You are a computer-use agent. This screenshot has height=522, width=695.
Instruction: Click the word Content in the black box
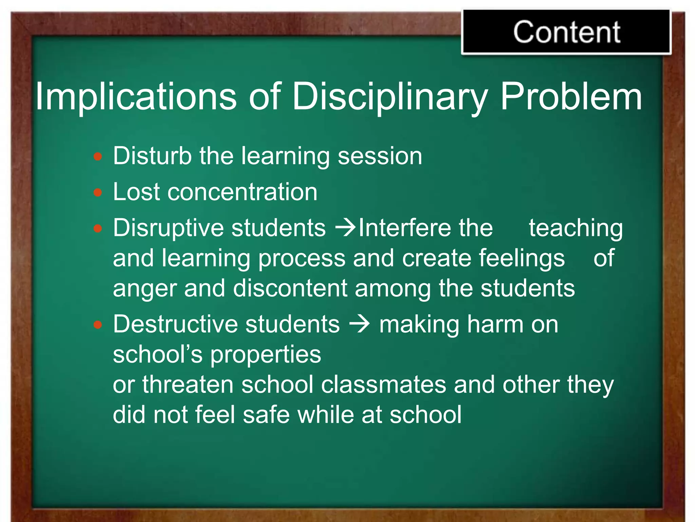[566, 32]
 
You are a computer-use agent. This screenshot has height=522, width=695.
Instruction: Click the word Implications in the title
[136, 97]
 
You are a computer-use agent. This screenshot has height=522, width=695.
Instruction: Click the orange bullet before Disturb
[98, 156]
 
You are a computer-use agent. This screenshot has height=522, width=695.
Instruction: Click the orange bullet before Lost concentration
[98, 193]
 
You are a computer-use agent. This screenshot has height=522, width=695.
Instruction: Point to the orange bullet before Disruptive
[98, 228]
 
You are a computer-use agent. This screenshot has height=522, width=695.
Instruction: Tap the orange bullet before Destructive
[98, 325]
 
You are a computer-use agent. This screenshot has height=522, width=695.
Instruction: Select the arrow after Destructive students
[359, 325]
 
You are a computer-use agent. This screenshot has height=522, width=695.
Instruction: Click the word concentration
[242, 192]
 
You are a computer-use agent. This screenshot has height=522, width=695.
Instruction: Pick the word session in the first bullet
[380, 156]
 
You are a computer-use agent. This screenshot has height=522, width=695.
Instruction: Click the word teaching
[576, 228]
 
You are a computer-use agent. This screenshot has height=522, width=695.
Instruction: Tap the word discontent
[290, 288]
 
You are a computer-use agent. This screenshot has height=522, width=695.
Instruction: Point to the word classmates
[383, 385]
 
